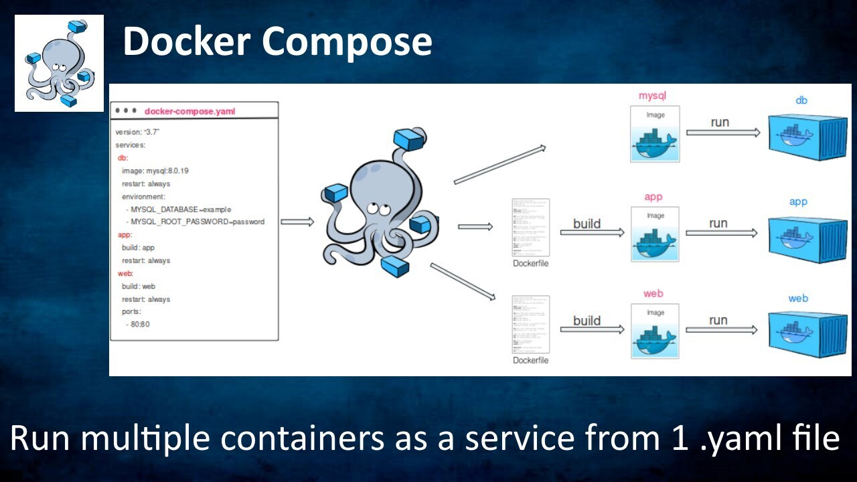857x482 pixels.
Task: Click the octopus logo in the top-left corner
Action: (x=59, y=63)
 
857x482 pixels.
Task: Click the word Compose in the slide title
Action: (x=347, y=42)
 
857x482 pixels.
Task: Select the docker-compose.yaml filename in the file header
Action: (x=189, y=111)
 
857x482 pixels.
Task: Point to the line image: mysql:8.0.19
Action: (x=155, y=171)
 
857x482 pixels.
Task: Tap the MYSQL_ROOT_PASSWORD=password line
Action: (x=197, y=222)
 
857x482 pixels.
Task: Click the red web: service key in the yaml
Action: (x=125, y=273)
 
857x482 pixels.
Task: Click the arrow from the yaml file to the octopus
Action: (x=297, y=222)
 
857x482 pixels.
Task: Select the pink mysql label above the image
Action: (x=652, y=96)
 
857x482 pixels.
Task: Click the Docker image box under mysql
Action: (x=655, y=134)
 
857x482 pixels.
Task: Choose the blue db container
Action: (x=807, y=137)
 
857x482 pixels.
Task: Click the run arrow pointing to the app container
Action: (x=721, y=232)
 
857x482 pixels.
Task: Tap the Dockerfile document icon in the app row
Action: (x=530, y=227)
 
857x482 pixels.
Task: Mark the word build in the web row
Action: (x=587, y=321)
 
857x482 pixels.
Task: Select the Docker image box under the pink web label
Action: (x=655, y=331)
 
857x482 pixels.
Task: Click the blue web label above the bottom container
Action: (x=797, y=299)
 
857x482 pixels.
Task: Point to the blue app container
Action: (x=807, y=240)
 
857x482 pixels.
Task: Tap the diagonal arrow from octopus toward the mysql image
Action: (x=499, y=165)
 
